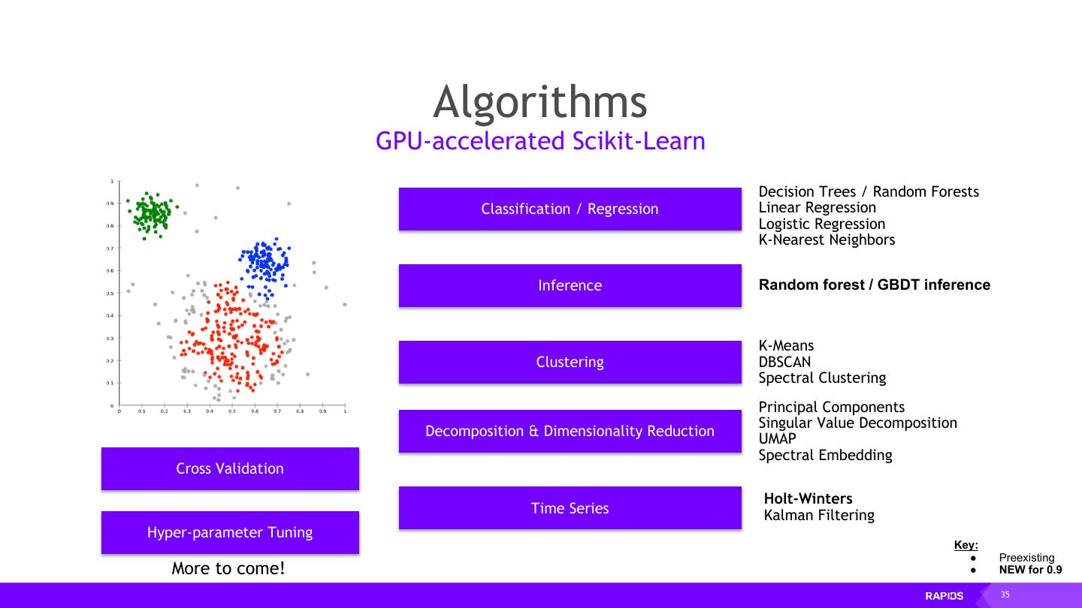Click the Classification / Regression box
pyautogui.click(x=570, y=209)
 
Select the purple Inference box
pyautogui.click(x=570, y=285)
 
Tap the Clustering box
pyautogui.click(x=570, y=362)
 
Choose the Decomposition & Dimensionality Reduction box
pyautogui.click(x=570, y=431)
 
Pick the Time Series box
pyautogui.click(x=570, y=508)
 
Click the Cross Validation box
pyautogui.click(x=230, y=468)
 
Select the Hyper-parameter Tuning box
pyautogui.click(x=230, y=532)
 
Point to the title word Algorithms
pyautogui.click(x=540, y=102)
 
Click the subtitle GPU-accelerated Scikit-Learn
pyautogui.click(x=540, y=141)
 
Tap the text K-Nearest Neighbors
pyautogui.click(x=827, y=240)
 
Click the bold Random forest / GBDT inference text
pyautogui.click(x=874, y=285)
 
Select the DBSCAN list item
pyautogui.click(x=784, y=362)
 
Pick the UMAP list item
pyautogui.click(x=777, y=439)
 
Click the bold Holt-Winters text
pyautogui.click(x=808, y=498)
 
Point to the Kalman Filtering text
pyautogui.click(x=819, y=515)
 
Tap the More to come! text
pyautogui.click(x=228, y=568)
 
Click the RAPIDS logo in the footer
pyautogui.click(x=944, y=596)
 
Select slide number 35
pyautogui.click(x=1005, y=595)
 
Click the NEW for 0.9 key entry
pyautogui.click(x=1030, y=570)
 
